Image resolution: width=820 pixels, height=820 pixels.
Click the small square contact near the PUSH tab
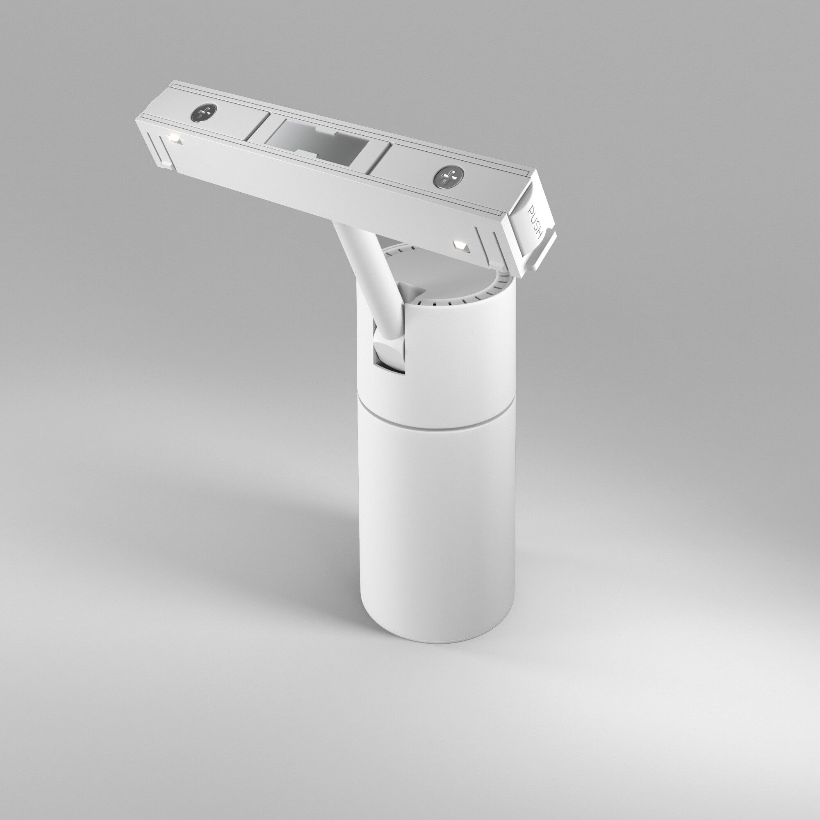460,245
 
